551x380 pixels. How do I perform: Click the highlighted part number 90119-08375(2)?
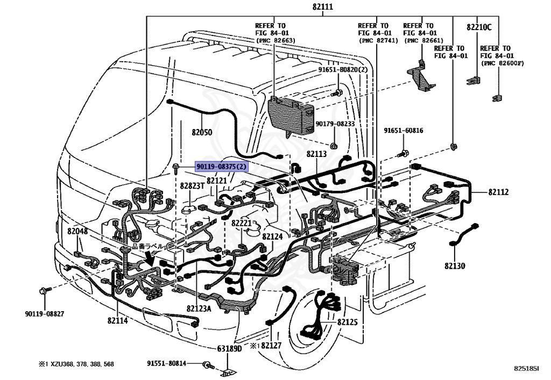coord(222,166)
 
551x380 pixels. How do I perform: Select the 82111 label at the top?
coord(323,6)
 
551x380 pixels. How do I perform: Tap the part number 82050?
coord(202,132)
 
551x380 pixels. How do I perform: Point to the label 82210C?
coord(479,27)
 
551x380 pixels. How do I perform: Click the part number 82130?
coord(455,266)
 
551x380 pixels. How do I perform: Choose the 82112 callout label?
coord(499,192)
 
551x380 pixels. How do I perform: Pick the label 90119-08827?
coord(45,314)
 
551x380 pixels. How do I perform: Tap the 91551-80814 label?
coord(167,363)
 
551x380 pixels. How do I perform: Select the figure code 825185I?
coord(526,368)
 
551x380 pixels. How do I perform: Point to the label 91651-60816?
coord(404,131)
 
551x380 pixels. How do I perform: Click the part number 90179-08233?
coord(335,124)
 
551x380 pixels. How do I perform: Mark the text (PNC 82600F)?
coord(502,63)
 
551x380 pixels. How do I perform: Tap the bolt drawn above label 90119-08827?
coord(45,290)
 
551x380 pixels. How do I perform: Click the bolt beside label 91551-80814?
coord(208,365)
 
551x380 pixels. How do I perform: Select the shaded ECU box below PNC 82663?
coord(291,116)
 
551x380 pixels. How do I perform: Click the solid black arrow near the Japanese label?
coord(151,259)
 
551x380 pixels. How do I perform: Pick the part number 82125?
coord(347,322)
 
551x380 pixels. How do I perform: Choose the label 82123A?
coord(199,309)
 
